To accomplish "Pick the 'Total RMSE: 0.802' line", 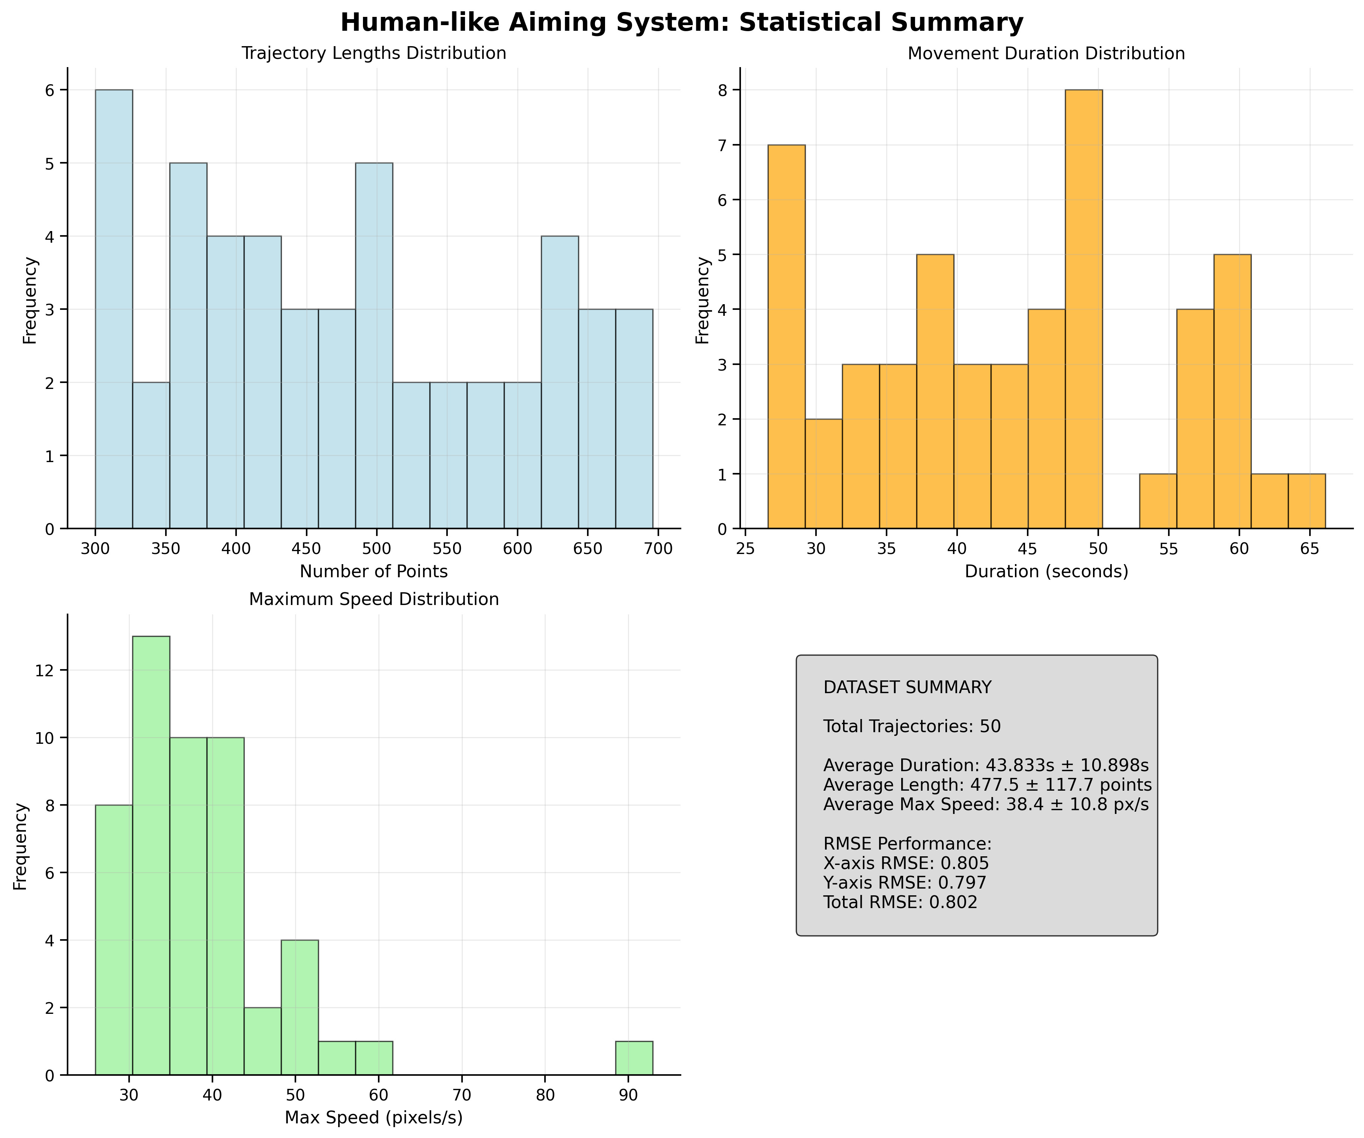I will tap(900, 902).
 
